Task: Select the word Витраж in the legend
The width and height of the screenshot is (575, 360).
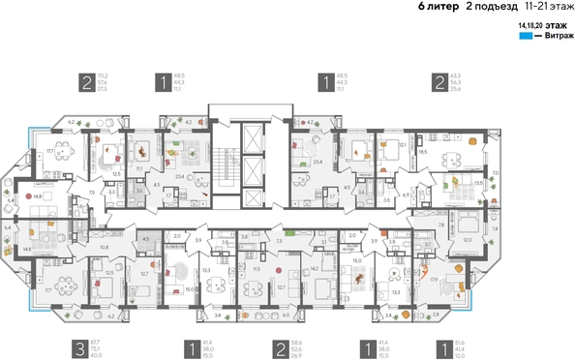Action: coord(552,35)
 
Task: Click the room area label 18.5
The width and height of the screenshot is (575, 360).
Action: coord(422,153)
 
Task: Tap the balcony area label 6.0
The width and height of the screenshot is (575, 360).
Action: coord(286,315)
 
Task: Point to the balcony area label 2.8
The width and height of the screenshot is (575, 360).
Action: coord(435,315)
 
